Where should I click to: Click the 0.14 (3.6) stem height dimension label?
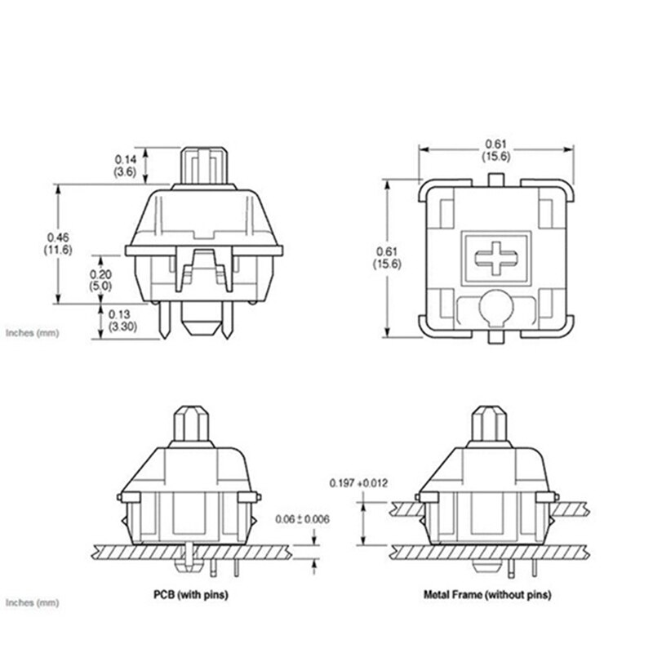125,167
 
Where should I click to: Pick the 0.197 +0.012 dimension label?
358,482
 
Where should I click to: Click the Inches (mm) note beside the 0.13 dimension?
32,333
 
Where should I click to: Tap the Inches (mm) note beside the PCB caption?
32,603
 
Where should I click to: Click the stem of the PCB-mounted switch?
193,424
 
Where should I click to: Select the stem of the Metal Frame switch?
491,424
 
